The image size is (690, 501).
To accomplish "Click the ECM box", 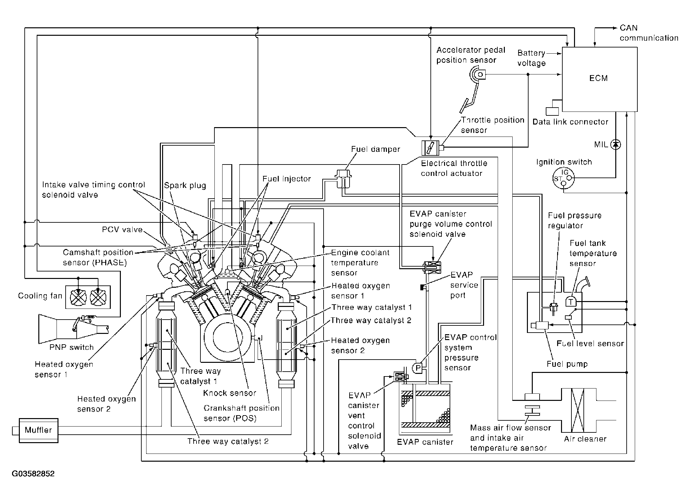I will tap(599, 79).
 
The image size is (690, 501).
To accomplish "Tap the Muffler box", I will tap(38, 430).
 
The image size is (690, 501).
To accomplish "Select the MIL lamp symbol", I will tap(615, 144).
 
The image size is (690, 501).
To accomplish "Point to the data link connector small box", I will tap(552, 111).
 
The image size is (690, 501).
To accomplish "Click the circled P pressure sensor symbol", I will tap(418, 368).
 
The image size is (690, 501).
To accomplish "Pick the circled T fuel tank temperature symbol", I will tap(570, 302).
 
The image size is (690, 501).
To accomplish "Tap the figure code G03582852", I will tap(33, 474).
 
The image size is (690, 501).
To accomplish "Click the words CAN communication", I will tap(648, 33).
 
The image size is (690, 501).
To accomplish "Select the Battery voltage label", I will tap(531, 58).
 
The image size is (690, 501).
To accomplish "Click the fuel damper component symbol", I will tap(343, 178).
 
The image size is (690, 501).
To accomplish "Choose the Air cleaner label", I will tap(585, 439).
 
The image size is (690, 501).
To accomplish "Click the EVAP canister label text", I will tap(425, 442).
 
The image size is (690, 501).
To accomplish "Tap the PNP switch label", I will tap(71, 347).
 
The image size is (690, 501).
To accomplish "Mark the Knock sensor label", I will tap(229, 393).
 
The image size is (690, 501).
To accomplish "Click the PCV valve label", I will tap(122, 230).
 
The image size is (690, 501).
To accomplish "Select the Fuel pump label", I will tap(567, 364).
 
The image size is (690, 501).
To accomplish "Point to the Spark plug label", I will tap(185, 185).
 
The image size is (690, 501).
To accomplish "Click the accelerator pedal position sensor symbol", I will tap(478, 75).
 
